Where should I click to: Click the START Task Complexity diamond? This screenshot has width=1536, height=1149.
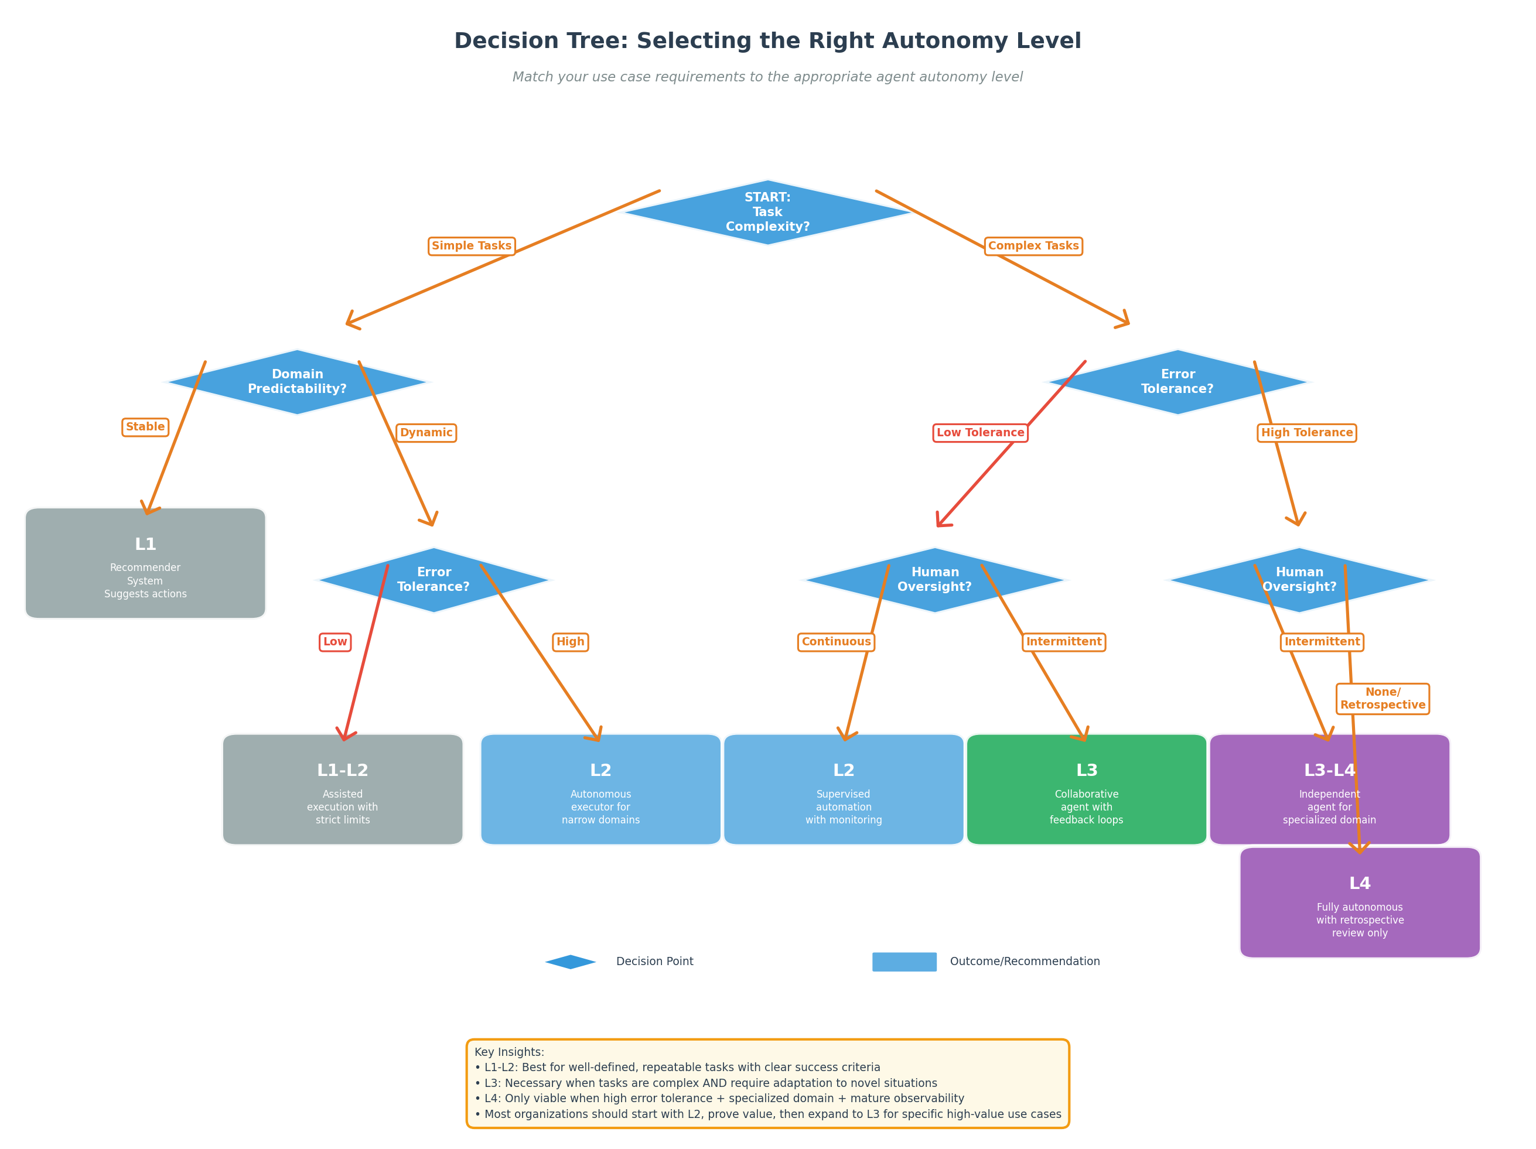[x=767, y=213]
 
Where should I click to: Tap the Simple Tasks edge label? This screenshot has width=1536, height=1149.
[x=472, y=246]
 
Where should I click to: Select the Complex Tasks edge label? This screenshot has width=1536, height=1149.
[x=1033, y=246]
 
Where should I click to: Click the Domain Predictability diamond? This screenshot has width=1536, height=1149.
[x=297, y=382]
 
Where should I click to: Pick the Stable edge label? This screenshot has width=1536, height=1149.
[x=145, y=427]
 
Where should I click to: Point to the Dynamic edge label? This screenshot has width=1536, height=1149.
[x=426, y=433]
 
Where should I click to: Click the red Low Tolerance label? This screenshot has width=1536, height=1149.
[x=980, y=433]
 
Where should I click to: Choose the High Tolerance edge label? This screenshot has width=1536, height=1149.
[x=1307, y=433]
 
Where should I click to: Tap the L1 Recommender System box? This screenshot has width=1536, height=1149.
[x=145, y=563]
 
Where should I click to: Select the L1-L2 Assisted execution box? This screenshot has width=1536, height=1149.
[x=342, y=789]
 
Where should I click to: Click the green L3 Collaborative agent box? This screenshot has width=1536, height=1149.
[x=1087, y=789]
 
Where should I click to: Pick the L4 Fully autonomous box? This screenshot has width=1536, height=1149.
[x=1360, y=902]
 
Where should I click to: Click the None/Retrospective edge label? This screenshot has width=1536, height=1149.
[x=1383, y=699]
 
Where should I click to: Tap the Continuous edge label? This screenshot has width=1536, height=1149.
[x=836, y=641]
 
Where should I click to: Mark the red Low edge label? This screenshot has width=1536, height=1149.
[x=334, y=641]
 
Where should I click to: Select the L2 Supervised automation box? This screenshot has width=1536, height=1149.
[x=844, y=789]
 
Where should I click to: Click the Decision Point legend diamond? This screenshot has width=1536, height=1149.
[x=570, y=962]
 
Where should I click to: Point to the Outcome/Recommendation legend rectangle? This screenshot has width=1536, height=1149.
[x=904, y=962]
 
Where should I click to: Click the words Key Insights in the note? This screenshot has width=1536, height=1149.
[x=509, y=1052]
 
